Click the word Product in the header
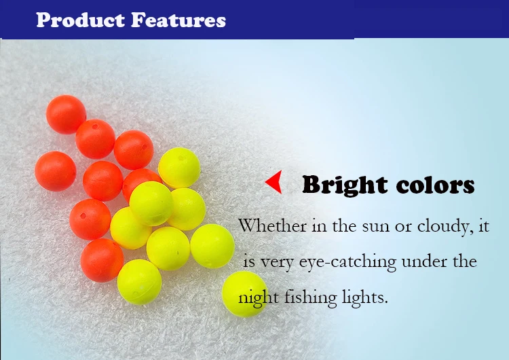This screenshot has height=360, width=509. pyautogui.click(x=81, y=20)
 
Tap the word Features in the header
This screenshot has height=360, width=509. pyautogui.click(x=178, y=20)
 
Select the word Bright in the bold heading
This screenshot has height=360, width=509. pyautogui.click(x=345, y=186)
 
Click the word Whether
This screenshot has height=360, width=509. pyautogui.click(x=272, y=225)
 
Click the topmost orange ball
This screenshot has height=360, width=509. pyautogui.click(x=66, y=114)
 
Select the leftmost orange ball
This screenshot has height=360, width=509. pyautogui.click(x=56, y=171)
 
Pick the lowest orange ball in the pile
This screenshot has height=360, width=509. pyautogui.click(x=102, y=260)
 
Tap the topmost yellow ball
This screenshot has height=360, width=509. pyautogui.click(x=179, y=168)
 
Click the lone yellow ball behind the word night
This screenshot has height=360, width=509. pyautogui.click(x=245, y=293)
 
